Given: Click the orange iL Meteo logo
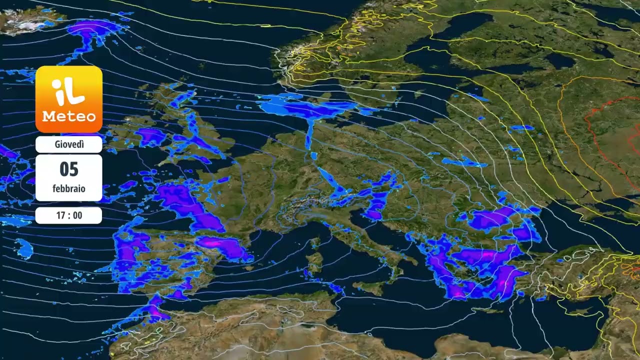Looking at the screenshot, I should pyautogui.click(x=69, y=99).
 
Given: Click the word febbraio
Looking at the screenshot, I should pyautogui.click(x=69, y=189).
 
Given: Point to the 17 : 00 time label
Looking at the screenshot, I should pyautogui.click(x=69, y=215).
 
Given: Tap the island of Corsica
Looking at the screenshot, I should pyautogui.click(x=315, y=243).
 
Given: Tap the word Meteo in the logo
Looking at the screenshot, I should pyautogui.click(x=69, y=116).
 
